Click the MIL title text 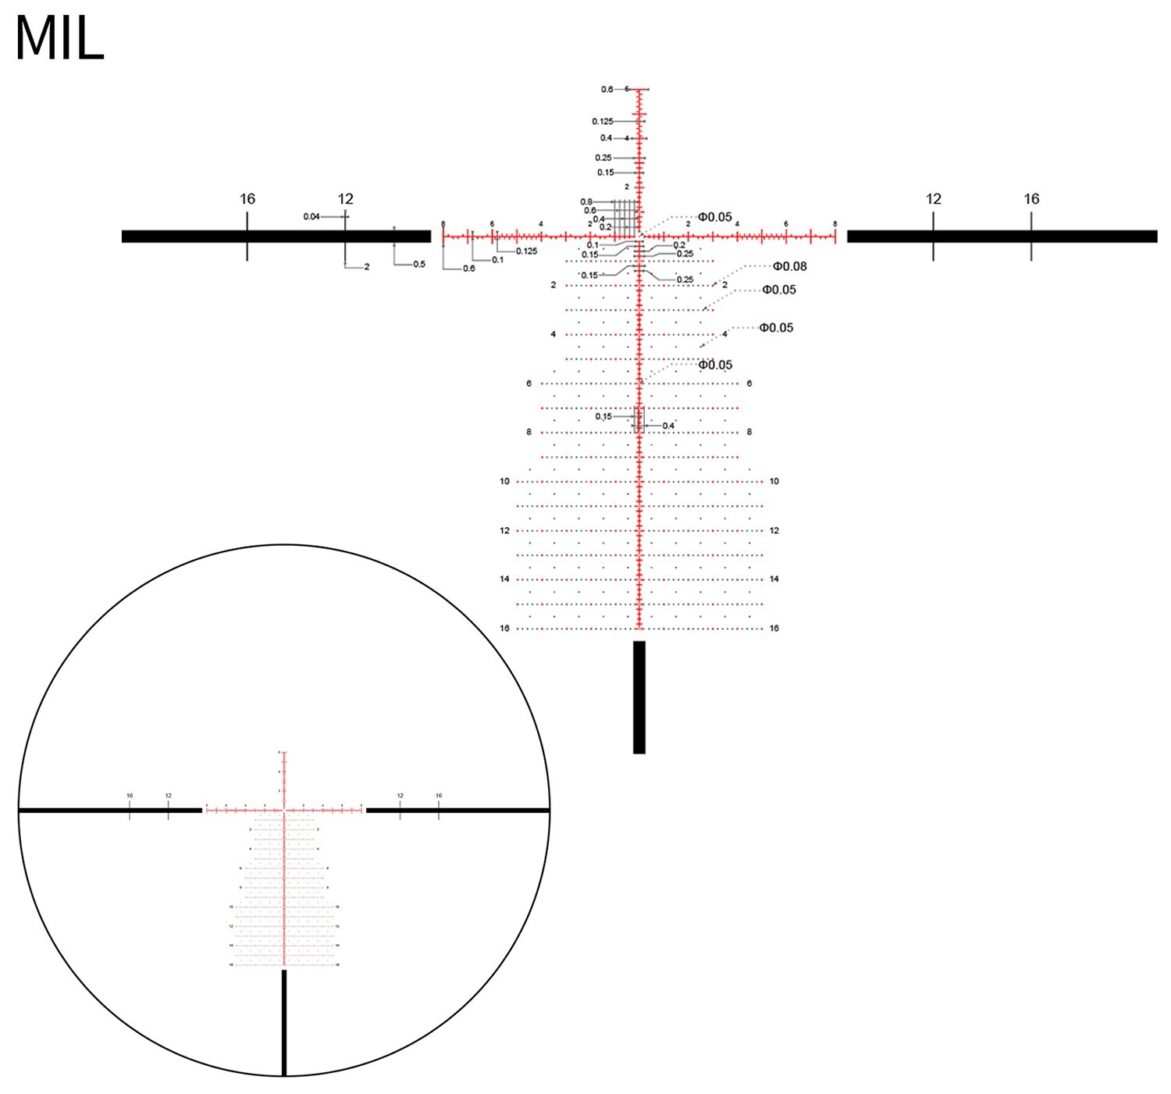pos(59,39)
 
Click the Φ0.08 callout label pos(789,266)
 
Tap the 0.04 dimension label pos(311,216)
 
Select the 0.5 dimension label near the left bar pos(419,264)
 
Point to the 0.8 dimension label pos(586,202)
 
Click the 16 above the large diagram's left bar pos(247,199)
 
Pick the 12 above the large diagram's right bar pos(934,199)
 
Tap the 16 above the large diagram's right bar pos(1031,199)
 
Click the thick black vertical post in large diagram pos(639,697)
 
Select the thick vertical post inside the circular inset pos(284,1022)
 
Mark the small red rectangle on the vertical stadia pos(639,419)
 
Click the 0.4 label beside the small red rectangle pos(668,426)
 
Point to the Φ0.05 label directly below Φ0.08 pos(779,290)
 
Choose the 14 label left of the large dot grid pos(504,579)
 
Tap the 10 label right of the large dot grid pos(774,481)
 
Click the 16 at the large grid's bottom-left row pos(504,628)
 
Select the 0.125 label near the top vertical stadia pos(602,121)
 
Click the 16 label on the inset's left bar pos(130,796)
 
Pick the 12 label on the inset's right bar pos(400,796)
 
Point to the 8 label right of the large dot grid pos(749,432)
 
